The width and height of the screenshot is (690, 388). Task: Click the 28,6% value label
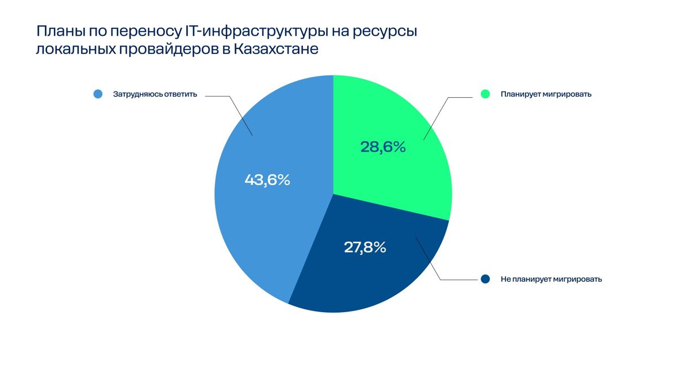[x=383, y=147]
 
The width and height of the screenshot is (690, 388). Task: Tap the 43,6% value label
[x=267, y=180]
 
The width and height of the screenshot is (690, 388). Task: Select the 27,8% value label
[x=365, y=247]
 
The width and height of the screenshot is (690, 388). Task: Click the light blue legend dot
[x=98, y=94]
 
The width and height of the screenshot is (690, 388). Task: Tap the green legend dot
[x=485, y=94]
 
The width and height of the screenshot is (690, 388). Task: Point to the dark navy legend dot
[x=485, y=279]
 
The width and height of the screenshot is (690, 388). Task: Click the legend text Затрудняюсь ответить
[x=155, y=94]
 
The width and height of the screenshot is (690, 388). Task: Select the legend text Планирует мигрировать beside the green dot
[x=546, y=94]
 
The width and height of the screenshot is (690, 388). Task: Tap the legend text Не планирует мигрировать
[x=551, y=279]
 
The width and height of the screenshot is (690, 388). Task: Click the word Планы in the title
[x=60, y=32]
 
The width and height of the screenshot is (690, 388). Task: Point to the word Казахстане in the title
[x=276, y=49]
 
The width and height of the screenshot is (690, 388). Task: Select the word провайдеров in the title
[x=169, y=49]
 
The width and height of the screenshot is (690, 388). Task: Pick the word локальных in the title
[x=75, y=49]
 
